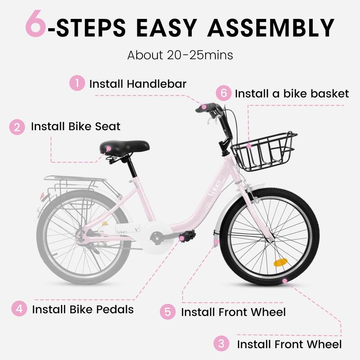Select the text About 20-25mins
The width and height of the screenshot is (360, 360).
(180, 55)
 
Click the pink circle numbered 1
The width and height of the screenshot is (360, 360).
(77, 83)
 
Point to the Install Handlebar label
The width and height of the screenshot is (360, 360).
(138, 84)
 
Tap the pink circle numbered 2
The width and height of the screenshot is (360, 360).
(17, 126)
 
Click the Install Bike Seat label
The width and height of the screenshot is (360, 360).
(76, 126)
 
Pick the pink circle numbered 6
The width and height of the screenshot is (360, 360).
(223, 94)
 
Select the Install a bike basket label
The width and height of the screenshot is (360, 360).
(292, 94)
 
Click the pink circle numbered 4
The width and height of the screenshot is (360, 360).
(18, 309)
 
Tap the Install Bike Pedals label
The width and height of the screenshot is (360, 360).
(83, 310)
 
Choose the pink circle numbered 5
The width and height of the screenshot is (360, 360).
(168, 311)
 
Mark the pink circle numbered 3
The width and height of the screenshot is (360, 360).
(221, 344)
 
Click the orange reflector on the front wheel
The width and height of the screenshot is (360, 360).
(280, 262)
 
